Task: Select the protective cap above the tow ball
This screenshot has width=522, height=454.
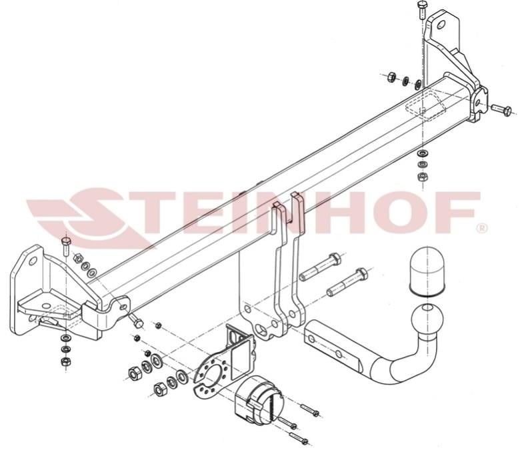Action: [428, 271]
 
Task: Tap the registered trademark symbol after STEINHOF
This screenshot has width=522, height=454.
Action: [482, 228]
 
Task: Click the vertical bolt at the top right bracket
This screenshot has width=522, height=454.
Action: [422, 8]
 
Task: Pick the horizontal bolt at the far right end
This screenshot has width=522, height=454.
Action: [502, 109]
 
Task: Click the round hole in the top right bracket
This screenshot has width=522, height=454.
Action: [441, 25]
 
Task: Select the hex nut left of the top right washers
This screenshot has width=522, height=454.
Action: [392, 77]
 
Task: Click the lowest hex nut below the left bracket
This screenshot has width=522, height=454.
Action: [65, 361]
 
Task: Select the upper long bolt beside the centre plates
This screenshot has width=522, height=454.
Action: [320, 267]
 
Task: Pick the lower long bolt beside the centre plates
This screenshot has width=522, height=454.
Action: [347, 282]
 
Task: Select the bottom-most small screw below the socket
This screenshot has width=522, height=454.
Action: [299, 438]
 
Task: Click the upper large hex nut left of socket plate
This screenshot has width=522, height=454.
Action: [135, 374]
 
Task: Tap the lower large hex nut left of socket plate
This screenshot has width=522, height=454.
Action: [161, 389]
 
